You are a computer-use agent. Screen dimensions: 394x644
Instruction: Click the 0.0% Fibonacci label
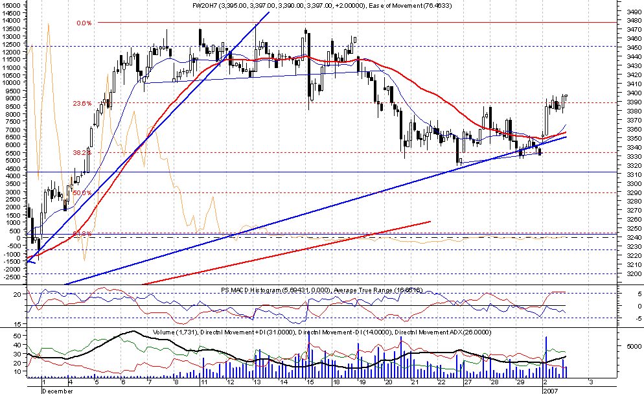[84, 23]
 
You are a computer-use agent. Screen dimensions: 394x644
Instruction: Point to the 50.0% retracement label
[81, 192]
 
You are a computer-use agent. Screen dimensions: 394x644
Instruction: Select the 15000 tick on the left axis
[13, 5]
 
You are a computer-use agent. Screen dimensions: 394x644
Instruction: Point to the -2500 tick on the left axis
[13, 276]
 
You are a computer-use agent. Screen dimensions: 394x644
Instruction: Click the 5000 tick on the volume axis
[626, 347]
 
